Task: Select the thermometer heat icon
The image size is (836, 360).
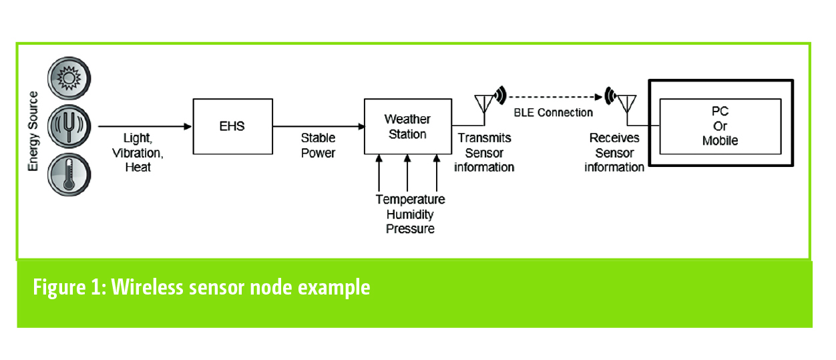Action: click(x=69, y=171)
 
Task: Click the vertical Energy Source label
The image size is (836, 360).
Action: click(x=33, y=131)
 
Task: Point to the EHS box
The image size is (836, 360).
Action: click(x=232, y=126)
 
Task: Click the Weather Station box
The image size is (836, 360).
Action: click(x=407, y=126)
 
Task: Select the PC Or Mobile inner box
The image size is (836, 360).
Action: click(x=720, y=126)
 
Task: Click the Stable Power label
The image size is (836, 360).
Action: click(x=318, y=145)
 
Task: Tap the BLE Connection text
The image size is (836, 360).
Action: click(x=553, y=112)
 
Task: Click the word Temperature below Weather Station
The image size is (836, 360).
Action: click(x=409, y=199)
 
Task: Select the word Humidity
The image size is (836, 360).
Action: click(x=409, y=214)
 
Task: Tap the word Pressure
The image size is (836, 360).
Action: click(x=409, y=228)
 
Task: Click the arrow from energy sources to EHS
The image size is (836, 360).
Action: click(x=144, y=126)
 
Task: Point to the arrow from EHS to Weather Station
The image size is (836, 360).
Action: click(x=318, y=126)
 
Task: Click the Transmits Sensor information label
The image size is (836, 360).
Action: click(x=484, y=152)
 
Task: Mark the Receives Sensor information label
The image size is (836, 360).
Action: click(x=614, y=152)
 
